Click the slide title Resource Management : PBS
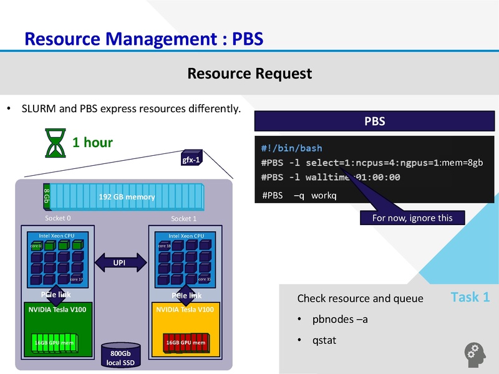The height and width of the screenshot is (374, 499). [143, 39]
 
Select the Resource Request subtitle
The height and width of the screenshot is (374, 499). [249, 74]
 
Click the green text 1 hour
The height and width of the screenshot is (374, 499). [92, 142]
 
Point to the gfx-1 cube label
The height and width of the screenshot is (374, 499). [191, 159]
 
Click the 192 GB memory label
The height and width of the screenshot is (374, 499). [127, 197]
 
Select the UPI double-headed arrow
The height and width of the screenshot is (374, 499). [119, 262]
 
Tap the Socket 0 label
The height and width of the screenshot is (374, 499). [58, 219]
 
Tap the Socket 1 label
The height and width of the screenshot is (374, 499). [184, 219]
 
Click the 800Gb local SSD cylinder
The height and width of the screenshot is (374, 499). [120, 355]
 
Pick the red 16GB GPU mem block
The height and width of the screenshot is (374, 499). [186, 343]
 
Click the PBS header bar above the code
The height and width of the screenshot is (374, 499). [374, 122]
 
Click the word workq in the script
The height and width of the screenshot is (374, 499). [324, 195]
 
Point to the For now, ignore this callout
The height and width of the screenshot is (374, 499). [414, 218]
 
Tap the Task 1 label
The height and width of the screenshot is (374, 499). [470, 297]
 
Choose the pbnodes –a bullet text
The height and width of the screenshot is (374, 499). [340, 320]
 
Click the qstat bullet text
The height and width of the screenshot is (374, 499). [324, 340]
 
